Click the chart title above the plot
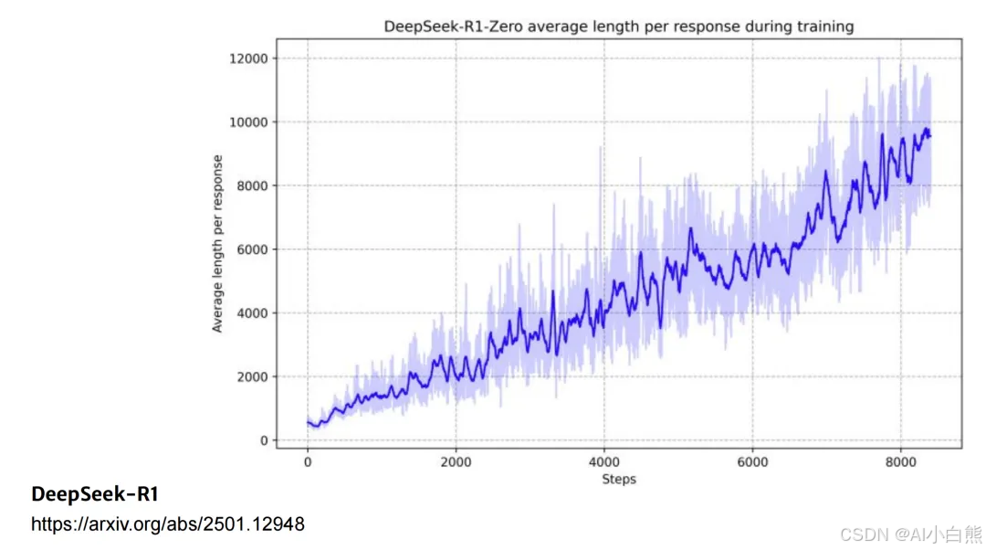[619, 26]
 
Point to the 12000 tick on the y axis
[248, 58]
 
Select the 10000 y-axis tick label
[248, 122]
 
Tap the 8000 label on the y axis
[252, 185]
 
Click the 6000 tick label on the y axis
[252, 249]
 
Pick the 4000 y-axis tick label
[252, 312]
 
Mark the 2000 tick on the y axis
[252, 377]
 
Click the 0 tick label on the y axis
[264, 440]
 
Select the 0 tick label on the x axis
[308, 462]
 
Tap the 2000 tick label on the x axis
[456, 462]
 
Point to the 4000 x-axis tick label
[604, 462]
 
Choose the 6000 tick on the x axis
[752, 462]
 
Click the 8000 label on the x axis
[900, 462]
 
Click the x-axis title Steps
[619, 480]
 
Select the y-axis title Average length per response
[217, 244]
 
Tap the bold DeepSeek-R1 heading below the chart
[95, 494]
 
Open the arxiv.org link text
[168, 524]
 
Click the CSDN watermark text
[910, 534]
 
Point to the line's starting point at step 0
[308, 422]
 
